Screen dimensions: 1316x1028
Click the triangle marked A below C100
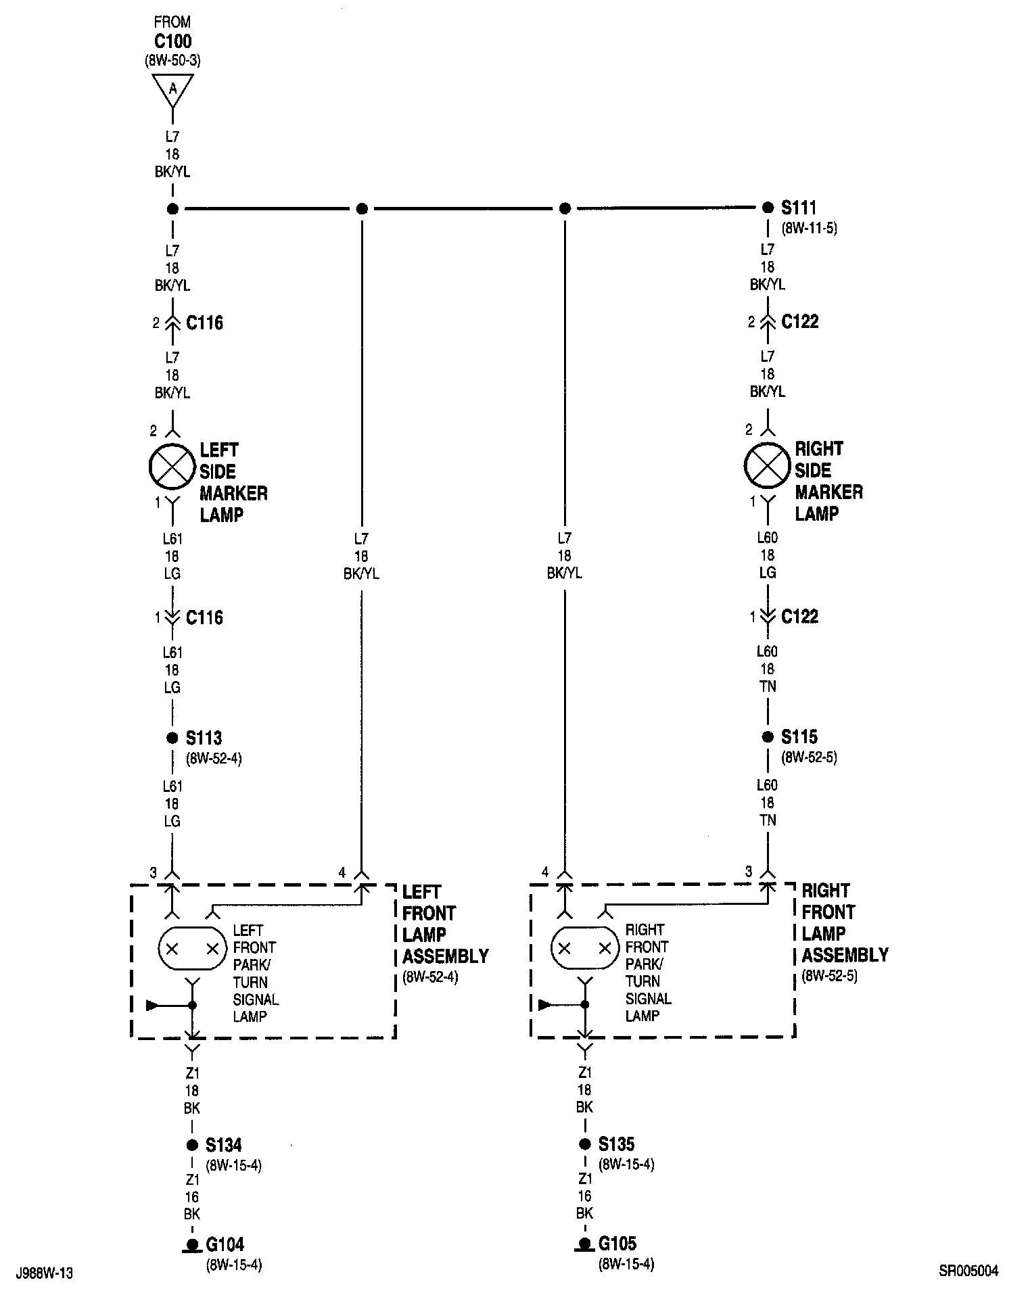[172, 89]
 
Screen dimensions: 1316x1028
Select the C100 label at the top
[172, 41]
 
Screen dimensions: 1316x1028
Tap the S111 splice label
[799, 208]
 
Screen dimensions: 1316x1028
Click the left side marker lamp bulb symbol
[172, 467]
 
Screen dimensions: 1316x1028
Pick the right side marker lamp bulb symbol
[767, 465]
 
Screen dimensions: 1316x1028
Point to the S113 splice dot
[172, 738]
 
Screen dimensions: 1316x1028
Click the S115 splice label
[799, 736]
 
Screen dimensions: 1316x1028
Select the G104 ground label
[225, 1244]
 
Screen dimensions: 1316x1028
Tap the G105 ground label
[617, 1243]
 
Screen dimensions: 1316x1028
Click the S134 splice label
[224, 1145]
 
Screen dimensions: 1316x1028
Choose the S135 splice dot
[585, 1144]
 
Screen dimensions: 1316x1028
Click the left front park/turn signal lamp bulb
[192, 949]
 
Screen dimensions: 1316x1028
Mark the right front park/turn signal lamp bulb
[585, 949]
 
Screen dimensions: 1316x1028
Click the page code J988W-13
[44, 1273]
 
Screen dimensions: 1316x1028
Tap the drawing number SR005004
[968, 1271]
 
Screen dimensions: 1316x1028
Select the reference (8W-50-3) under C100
[172, 60]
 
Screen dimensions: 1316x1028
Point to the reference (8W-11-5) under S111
[809, 228]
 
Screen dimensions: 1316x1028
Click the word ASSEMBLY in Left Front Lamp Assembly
[446, 956]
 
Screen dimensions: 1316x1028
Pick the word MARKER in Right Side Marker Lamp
[828, 492]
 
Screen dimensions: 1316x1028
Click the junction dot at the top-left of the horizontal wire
[172, 209]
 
